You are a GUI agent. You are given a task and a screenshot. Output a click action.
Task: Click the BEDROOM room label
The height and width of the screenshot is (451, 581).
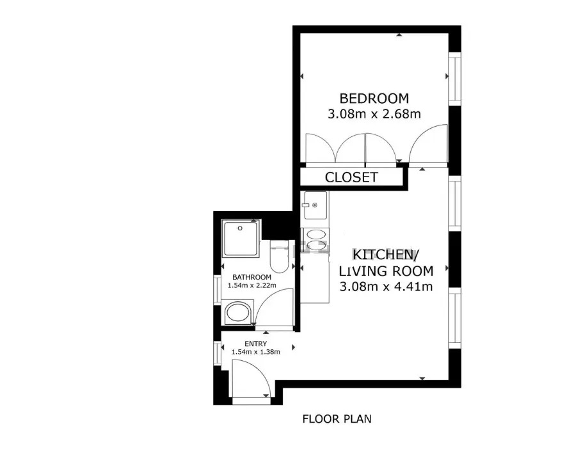(374, 99)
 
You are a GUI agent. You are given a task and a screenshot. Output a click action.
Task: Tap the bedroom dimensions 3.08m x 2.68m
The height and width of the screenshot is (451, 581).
(374, 114)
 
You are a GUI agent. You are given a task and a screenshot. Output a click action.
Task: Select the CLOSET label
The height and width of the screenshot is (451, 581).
(351, 177)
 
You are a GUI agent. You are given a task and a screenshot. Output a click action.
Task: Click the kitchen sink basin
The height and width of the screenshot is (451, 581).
(315, 205)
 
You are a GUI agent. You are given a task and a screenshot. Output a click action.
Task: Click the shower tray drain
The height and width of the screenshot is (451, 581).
(240, 228)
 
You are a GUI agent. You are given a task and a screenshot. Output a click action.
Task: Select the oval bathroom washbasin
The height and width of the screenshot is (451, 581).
(237, 312)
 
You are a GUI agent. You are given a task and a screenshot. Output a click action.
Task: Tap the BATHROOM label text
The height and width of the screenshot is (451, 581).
(251, 277)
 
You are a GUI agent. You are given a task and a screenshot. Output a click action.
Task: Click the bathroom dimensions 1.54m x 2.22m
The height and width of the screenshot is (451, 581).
(251, 285)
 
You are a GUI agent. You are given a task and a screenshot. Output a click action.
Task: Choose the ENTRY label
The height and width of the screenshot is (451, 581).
(256, 344)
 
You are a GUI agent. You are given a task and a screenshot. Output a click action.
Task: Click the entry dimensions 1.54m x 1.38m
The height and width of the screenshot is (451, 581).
(256, 352)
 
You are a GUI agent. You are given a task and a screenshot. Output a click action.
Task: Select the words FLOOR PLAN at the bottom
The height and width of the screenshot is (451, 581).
(337, 419)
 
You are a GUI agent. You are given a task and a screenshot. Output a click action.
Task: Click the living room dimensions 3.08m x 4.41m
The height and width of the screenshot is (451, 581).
(386, 287)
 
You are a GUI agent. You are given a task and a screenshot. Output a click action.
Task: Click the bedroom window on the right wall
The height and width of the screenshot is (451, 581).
(455, 79)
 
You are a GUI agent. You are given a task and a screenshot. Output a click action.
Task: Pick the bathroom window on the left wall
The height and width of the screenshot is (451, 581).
(218, 290)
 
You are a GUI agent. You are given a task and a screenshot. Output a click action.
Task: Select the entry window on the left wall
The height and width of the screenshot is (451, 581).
(218, 354)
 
